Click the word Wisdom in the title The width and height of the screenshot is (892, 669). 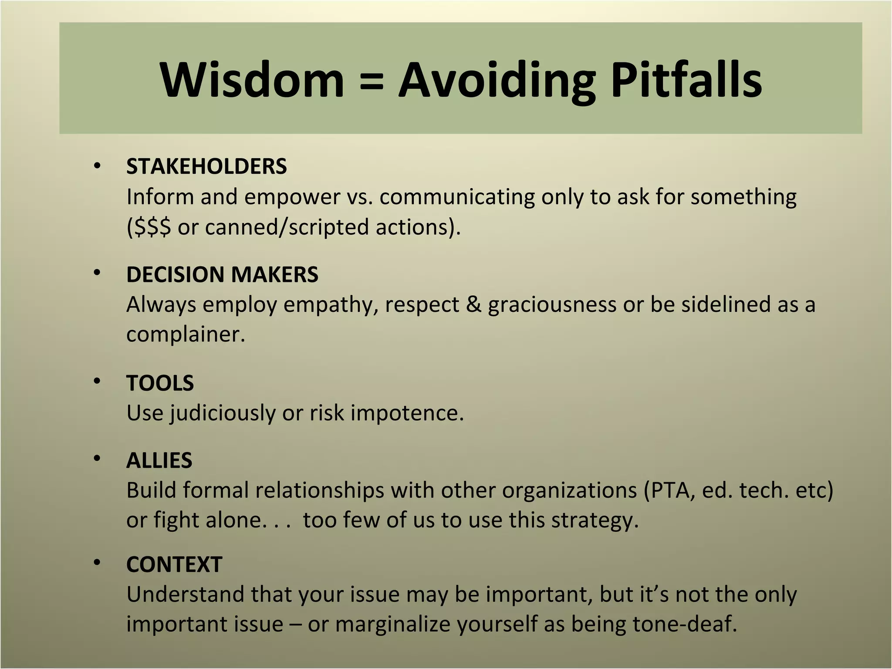252,80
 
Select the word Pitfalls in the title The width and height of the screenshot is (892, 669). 686,80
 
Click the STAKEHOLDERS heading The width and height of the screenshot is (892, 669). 206,166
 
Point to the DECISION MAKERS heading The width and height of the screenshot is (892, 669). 222,274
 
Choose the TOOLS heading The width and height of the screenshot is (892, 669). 160,383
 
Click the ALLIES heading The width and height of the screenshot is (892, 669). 159,460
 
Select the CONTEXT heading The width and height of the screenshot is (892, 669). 174,564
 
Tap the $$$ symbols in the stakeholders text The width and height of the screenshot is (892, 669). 153,227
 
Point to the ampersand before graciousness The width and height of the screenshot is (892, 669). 473,304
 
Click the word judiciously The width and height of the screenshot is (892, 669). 222,413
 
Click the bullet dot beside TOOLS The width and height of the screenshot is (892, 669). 97,382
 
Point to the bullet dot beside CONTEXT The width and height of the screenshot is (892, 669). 97,563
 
